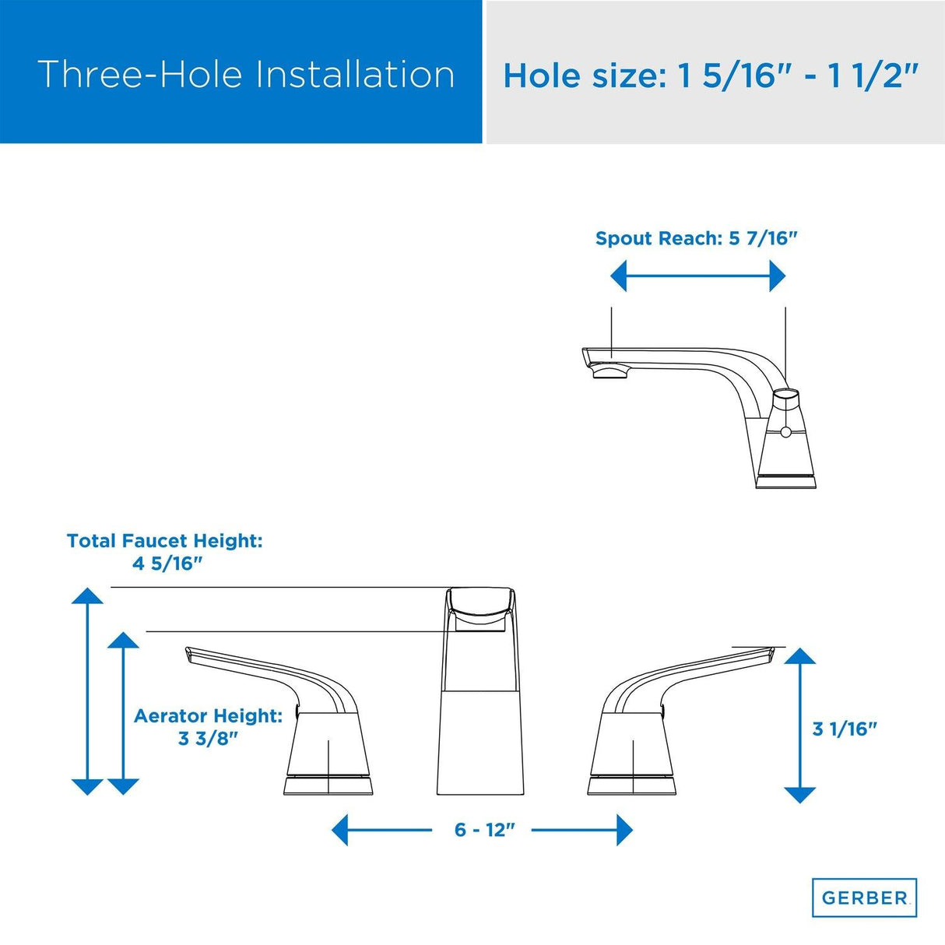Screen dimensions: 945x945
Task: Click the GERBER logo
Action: click(x=864, y=898)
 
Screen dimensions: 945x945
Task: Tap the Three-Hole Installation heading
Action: click(x=246, y=75)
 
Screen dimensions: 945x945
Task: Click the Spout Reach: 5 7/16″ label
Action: click(x=697, y=238)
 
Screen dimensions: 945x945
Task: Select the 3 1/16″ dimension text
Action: click(x=845, y=729)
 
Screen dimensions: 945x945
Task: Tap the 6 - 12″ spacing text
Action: click(x=485, y=830)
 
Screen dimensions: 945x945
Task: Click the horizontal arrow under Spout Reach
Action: click(x=698, y=276)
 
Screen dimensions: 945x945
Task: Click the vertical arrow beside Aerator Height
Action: click(x=123, y=713)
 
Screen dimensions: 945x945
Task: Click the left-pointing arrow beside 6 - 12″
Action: click(x=381, y=830)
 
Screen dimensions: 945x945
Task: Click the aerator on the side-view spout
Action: click(x=611, y=373)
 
